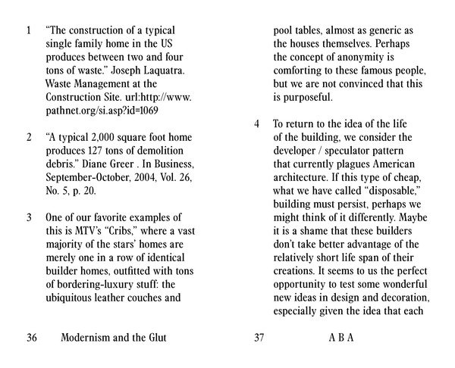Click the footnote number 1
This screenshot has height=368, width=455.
[x=28, y=33]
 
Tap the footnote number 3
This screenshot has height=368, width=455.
[x=28, y=217]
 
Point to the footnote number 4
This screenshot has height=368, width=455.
[x=257, y=123]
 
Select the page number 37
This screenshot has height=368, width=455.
[x=259, y=337]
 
